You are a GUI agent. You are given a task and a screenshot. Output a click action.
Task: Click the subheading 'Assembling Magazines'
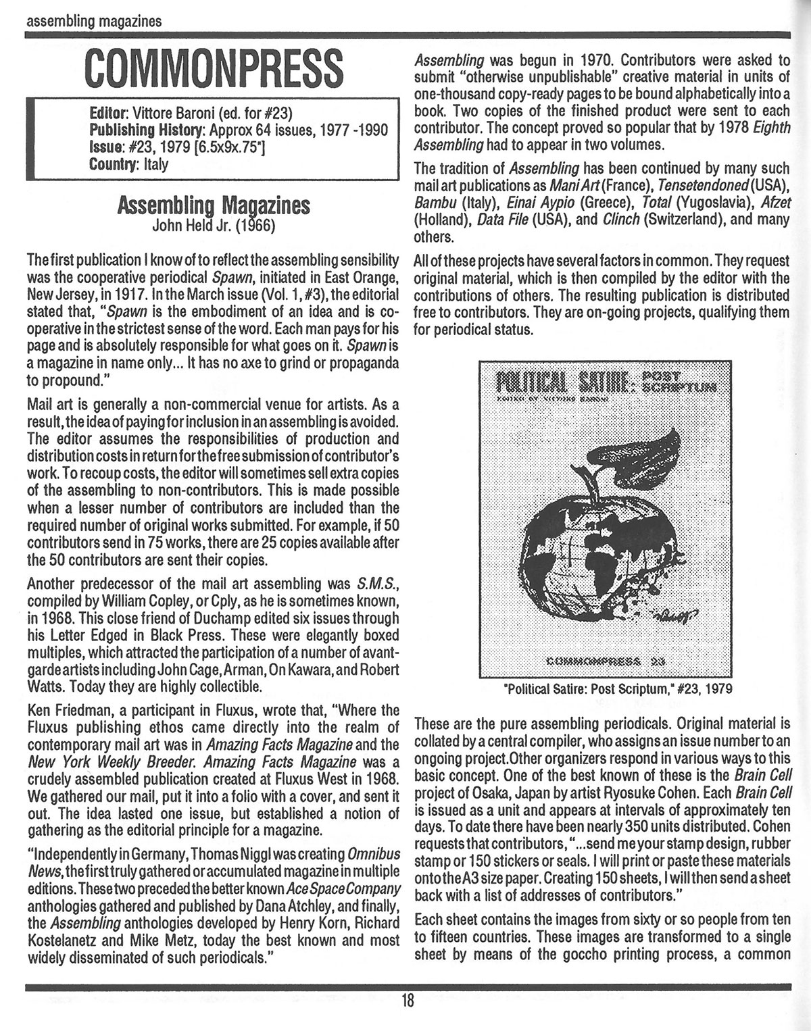pos(214,206)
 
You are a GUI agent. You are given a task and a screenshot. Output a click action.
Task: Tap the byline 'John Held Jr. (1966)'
pos(213,225)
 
